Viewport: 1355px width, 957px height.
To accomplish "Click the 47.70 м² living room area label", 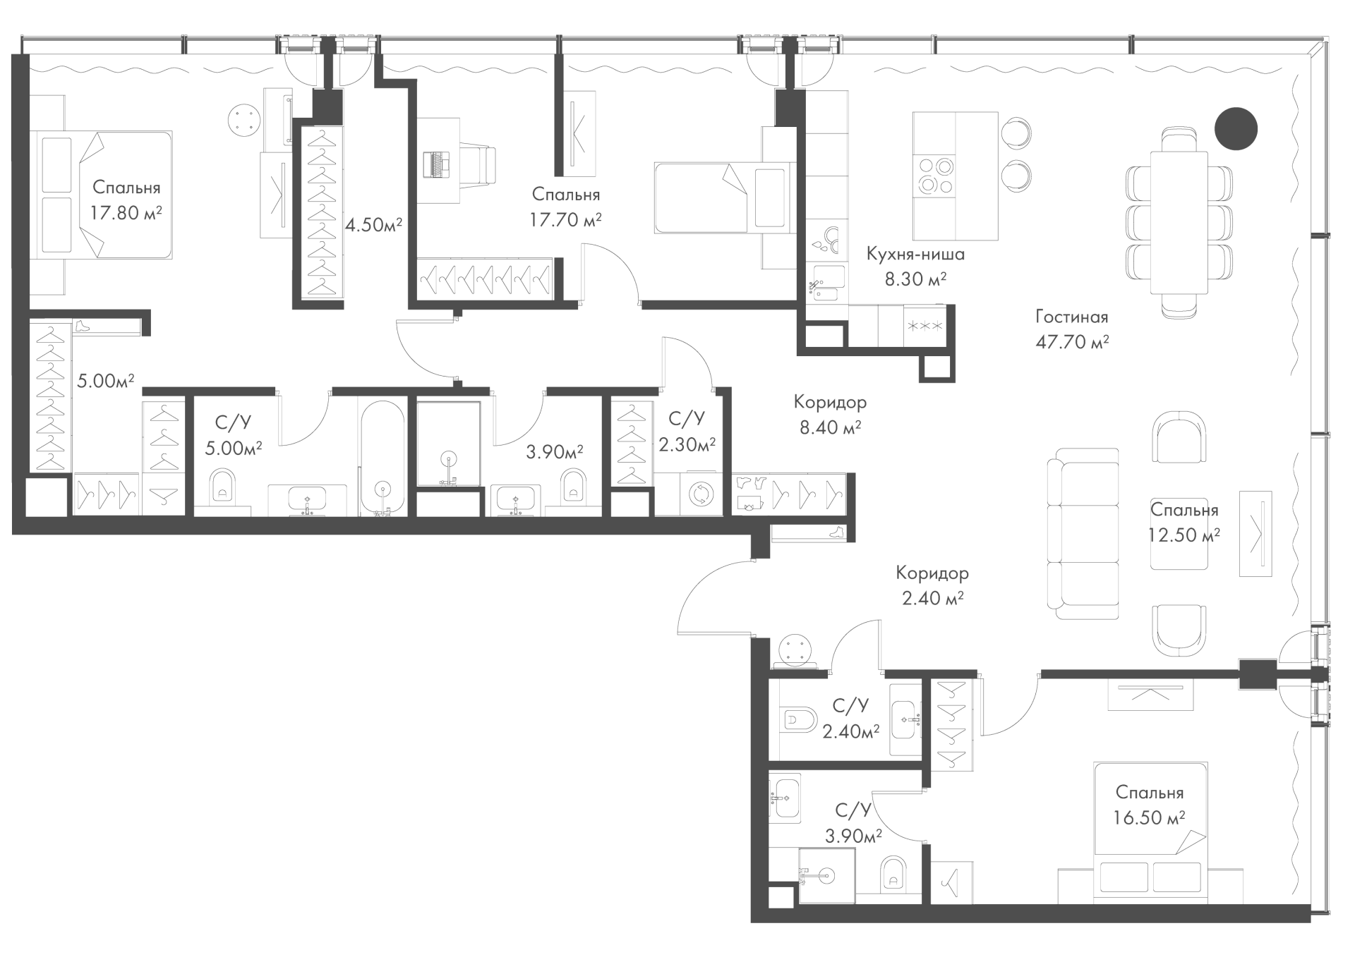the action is (1072, 342).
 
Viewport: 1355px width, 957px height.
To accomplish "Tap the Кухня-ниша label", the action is (915, 254).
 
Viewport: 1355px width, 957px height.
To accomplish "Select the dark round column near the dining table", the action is (1236, 128).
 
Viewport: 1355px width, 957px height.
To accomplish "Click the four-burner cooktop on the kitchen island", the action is (935, 174).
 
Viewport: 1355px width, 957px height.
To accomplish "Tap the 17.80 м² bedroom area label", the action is (126, 212).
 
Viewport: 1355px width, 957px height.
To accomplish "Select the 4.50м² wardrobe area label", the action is (373, 225).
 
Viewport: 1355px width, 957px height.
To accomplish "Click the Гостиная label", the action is (1072, 317).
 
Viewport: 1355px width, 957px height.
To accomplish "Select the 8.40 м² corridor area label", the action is (830, 427).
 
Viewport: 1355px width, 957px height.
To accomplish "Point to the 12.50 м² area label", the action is (1184, 535).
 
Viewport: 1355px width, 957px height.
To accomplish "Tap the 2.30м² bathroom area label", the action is (687, 444).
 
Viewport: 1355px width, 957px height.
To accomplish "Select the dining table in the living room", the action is (1179, 222).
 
